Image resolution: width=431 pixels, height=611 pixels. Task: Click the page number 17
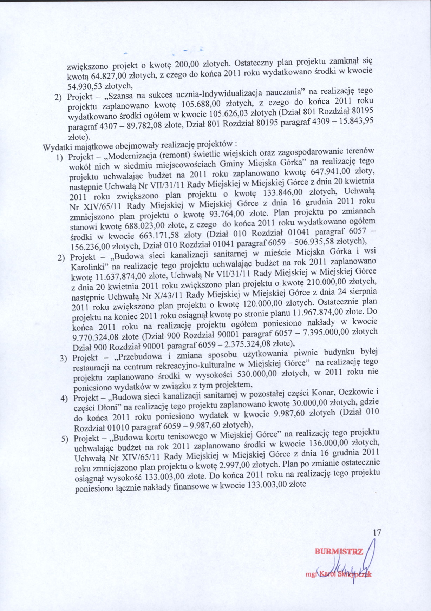377,533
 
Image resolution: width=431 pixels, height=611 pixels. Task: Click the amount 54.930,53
83,85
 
